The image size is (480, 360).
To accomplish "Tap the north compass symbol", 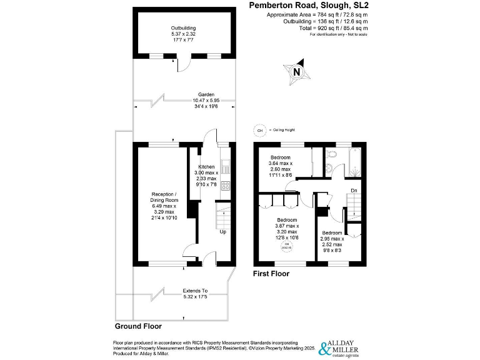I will pos(296,71).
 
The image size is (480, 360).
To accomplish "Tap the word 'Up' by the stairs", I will pos(222,232).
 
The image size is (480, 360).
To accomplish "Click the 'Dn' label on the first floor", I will pos(353,190).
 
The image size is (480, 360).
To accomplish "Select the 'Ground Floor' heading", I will pos(138,326).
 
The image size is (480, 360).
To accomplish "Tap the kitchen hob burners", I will pos(225,185).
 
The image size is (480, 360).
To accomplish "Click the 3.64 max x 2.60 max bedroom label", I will pos(281,166).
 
